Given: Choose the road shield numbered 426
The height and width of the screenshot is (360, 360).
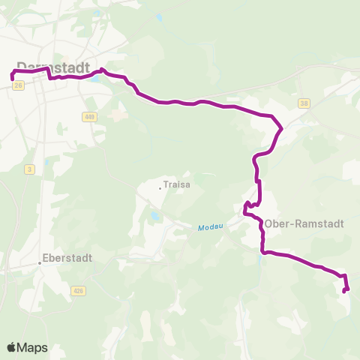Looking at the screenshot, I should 78,290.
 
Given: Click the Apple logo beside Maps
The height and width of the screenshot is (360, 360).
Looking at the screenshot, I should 11,347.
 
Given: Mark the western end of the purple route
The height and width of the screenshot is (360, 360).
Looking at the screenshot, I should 11,77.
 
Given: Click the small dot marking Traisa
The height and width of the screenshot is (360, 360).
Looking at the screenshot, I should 160,187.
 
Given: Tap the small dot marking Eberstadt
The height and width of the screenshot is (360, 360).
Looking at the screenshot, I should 40,262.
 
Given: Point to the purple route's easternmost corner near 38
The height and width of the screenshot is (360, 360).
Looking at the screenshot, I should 281,128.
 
